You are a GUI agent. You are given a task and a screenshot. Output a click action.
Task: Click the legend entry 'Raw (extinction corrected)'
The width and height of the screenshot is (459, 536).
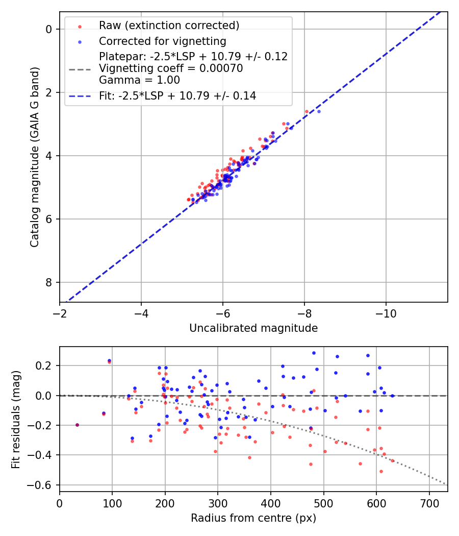169,26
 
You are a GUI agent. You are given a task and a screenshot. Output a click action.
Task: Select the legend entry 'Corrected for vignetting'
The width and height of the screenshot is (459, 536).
162,41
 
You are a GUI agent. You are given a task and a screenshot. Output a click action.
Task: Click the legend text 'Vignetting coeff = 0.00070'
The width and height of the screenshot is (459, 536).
171,68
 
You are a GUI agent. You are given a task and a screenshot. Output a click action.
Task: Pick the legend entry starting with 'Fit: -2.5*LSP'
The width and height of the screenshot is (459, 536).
177,95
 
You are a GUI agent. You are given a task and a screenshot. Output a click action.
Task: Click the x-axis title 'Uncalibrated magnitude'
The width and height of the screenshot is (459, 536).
253,328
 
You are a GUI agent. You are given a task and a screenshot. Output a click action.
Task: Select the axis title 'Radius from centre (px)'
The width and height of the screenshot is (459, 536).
253,518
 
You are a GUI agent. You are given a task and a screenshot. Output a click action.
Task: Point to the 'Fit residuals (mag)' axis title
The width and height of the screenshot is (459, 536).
16,419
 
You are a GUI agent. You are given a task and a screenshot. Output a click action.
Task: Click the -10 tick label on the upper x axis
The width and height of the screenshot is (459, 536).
386,313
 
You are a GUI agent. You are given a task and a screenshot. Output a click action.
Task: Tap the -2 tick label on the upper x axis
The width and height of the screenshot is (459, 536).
60,313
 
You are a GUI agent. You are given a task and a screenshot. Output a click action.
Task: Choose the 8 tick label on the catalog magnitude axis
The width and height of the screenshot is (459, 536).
49,282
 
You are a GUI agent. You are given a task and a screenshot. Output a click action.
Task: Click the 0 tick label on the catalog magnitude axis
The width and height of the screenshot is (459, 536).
49,29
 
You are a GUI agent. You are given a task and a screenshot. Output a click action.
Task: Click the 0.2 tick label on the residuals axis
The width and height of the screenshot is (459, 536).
45,366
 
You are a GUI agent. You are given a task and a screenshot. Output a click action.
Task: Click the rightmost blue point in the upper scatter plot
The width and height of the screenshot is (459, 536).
319,111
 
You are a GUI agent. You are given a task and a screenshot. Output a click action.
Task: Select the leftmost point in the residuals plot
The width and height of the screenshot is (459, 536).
77,425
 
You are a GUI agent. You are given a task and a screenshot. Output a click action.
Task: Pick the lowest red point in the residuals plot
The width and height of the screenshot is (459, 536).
381,471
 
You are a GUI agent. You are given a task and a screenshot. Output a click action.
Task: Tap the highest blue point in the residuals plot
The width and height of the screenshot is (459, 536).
314,353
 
